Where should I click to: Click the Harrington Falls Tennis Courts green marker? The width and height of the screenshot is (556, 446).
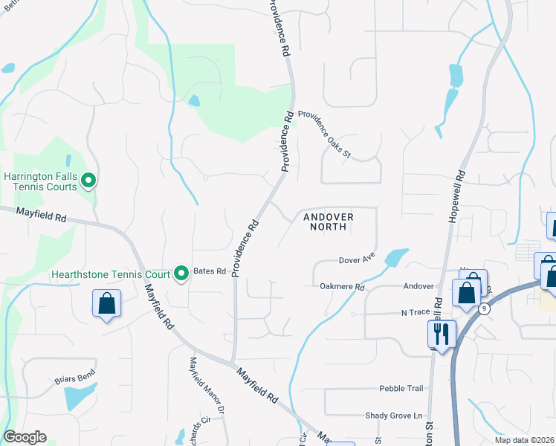[x=88, y=180]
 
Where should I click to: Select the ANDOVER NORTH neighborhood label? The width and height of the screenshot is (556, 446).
[x=328, y=222]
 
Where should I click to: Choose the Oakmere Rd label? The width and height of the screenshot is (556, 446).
[x=343, y=286]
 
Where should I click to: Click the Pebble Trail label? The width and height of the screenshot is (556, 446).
[x=401, y=388]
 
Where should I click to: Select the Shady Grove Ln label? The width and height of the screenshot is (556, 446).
[x=393, y=416]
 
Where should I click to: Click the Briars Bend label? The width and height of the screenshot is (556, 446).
[x=74, y=379]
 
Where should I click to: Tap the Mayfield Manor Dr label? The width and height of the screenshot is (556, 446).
[x=206, y=385]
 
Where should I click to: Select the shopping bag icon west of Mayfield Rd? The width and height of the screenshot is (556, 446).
[x=106, y=303]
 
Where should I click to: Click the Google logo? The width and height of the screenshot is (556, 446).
[x=25, y=437]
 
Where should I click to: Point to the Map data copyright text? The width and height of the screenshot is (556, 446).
[x=524, y=440]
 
